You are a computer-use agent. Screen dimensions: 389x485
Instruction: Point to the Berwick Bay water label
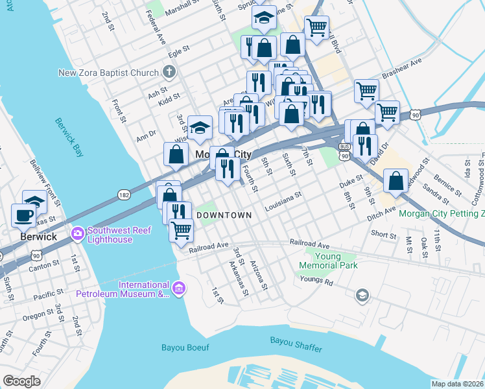coord(68,137)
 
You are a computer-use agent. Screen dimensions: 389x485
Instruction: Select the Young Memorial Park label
coord(328,260)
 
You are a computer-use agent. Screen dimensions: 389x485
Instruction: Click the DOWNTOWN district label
coord(224,215)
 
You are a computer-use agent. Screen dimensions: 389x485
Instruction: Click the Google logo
coord(21,381)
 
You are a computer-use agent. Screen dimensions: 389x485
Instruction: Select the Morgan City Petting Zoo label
coord(441,213)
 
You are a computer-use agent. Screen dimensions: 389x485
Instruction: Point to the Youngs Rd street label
coord(316,281)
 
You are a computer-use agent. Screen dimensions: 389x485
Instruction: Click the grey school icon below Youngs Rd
coord(362,296)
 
